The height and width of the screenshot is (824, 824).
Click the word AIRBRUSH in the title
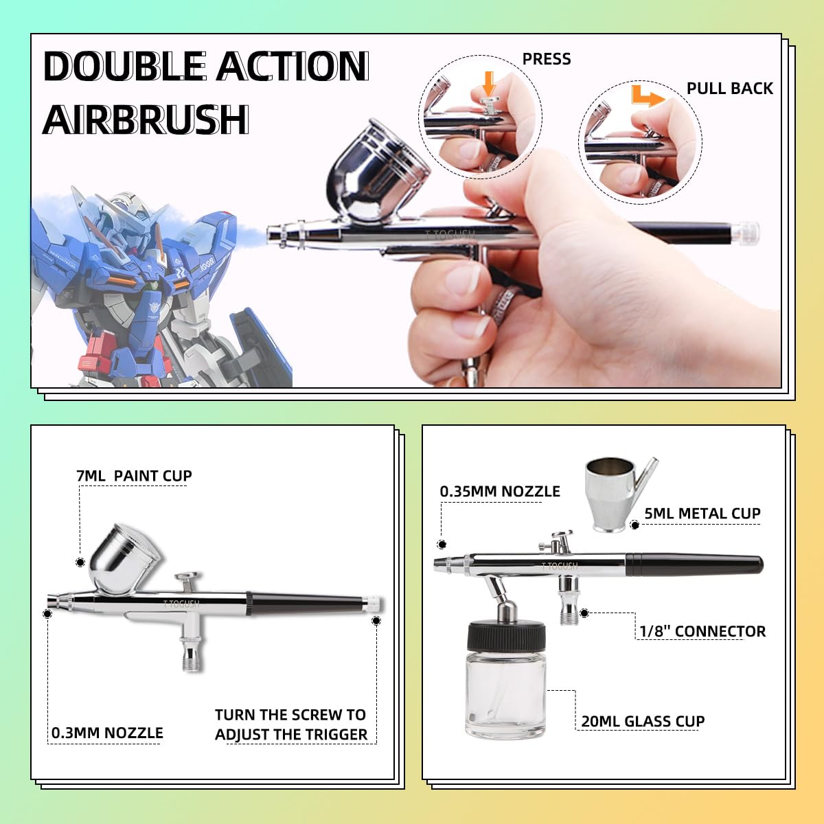pos(145,120)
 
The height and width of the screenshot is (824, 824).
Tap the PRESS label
pos(547,59)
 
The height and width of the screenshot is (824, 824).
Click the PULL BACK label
pos(729,89)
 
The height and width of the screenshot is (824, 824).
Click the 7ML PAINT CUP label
pos(134,476)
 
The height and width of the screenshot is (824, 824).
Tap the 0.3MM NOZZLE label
pos(107,733)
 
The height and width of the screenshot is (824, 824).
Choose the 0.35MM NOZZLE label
pos(500,492)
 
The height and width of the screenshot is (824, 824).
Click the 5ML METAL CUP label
pos(702,514)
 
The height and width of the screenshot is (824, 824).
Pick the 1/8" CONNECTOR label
pos(702,632)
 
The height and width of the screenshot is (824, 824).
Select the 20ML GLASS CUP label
pos(643,722)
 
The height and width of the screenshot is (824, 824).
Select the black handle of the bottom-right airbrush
pos(694,564)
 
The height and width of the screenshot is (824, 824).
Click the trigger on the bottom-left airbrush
pos(186,578)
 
